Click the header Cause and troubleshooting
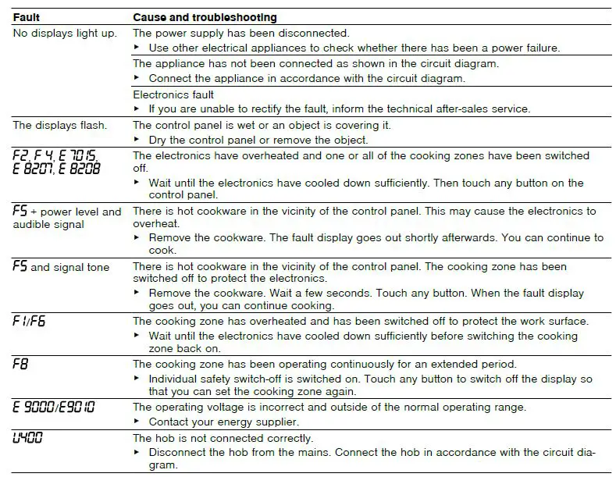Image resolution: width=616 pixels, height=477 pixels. (x=205, y=16)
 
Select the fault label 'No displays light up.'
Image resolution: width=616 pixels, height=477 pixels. (x=65, y=33)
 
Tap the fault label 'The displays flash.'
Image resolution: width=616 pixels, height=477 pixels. (x=60, y=125)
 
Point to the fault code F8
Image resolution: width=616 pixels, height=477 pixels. (x=20, y=365)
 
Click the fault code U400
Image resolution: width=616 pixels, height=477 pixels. (x=28, y=438)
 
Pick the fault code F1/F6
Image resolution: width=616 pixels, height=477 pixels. (x=30, y=321)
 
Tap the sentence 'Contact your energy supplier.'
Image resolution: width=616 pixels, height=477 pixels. (x=220, y=422)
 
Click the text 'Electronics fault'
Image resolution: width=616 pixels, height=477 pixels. (x=173, y=94)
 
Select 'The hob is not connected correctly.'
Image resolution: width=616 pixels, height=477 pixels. (x=223, y=439)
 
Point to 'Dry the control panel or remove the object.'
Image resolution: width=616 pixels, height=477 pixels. (x=258, y=140)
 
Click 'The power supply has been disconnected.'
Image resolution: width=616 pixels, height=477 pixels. (x=241, y=34)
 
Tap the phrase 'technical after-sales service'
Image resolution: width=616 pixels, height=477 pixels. (x=458, y=109)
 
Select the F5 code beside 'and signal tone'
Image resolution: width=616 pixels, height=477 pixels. (x=20, y=266)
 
